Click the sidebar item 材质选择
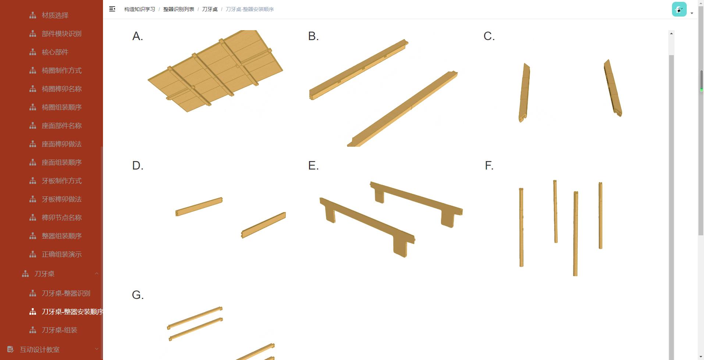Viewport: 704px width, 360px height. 55,15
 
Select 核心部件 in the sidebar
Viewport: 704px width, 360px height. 55,52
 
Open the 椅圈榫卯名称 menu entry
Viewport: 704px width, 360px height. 61,89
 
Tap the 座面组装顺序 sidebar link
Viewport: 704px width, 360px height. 61,162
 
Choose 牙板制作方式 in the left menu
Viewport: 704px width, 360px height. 61,181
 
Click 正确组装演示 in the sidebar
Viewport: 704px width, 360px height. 61,254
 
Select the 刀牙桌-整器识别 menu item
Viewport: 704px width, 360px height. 66,293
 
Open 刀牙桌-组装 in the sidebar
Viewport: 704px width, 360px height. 59,330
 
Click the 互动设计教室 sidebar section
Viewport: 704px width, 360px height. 39,349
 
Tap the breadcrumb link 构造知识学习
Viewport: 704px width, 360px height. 140,9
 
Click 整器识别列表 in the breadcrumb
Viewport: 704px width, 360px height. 179,9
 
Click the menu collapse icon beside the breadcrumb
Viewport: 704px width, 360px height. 112,9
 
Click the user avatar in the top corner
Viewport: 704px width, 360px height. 679,9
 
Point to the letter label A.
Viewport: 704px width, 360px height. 138,36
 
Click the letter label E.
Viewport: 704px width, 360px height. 313,165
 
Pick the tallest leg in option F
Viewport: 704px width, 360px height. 576,234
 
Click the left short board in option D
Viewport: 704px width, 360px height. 199,207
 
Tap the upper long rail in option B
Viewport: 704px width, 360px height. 359,69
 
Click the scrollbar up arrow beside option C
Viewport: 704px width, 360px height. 671,33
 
